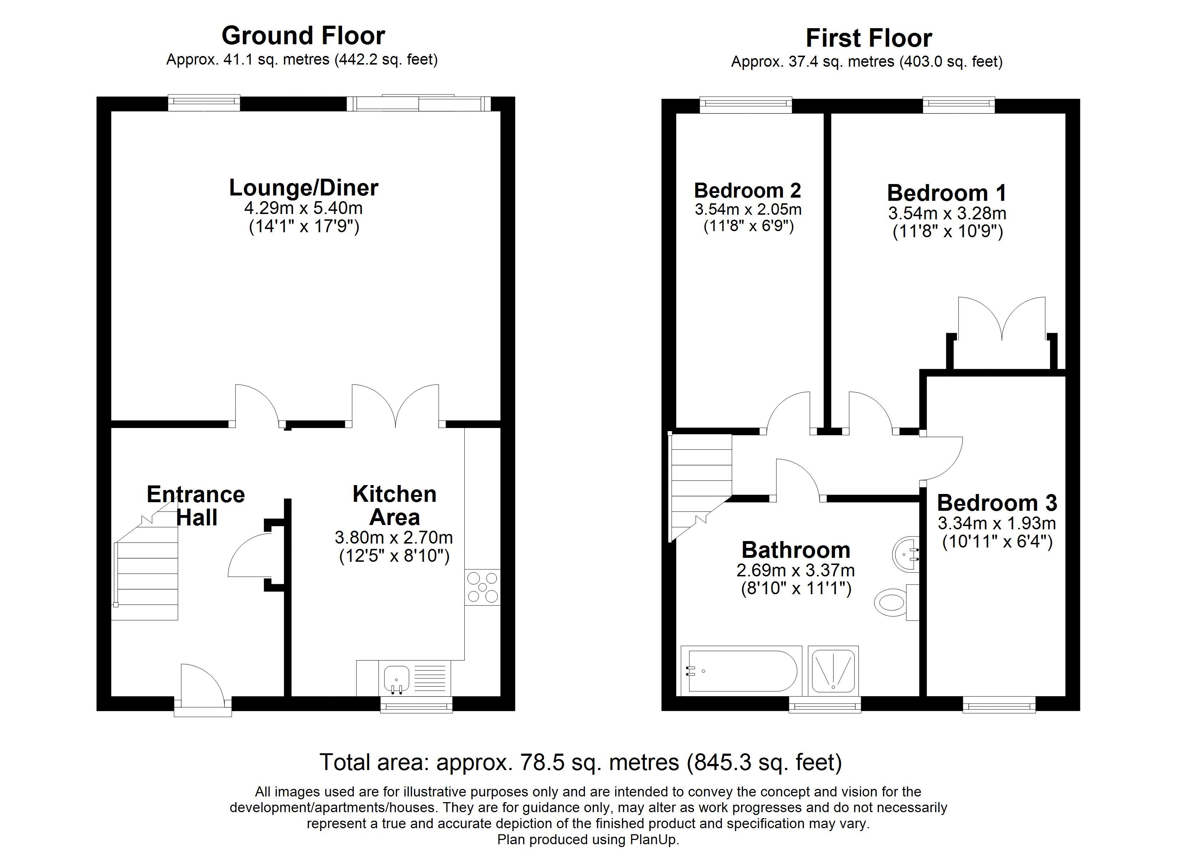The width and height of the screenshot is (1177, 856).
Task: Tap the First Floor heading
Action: tap(869, 39)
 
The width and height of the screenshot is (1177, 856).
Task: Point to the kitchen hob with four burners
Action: tap(483, 587)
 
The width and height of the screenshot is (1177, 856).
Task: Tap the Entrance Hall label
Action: tap(196, 506)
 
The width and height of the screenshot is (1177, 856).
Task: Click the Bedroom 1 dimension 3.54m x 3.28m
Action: tap(947, 213)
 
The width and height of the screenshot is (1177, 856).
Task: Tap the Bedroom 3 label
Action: tap(997, 503)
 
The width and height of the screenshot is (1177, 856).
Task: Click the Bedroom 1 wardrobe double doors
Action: tap(1002, 319)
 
